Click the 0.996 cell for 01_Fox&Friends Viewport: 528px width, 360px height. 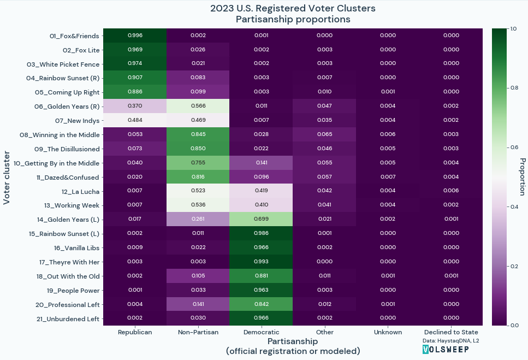[135, 36]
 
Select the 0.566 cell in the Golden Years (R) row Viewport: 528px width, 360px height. [198, 106]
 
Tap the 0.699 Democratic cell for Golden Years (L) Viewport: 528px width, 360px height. [262, 219]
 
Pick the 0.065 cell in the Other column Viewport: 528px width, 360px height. [325, 134]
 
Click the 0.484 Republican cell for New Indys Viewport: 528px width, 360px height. [135, 120]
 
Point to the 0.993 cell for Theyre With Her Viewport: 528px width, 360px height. [262, 261]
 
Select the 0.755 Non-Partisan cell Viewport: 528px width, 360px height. [198, 162]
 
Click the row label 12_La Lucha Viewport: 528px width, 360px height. [80, 192]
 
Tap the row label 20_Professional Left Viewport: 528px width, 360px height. [67, 305]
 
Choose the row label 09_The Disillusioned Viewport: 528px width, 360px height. [67, 149]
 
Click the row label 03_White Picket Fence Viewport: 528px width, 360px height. [63, 64]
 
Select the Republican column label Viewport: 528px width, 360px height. [135, 332]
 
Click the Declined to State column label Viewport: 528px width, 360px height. [451, 332]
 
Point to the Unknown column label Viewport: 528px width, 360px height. [388, 332]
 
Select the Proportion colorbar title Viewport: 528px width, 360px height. [523, 177]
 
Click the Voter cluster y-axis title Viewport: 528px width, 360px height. [7, 178]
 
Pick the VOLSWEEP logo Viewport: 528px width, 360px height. [446, 349]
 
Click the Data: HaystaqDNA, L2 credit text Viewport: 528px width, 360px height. [451, 341]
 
